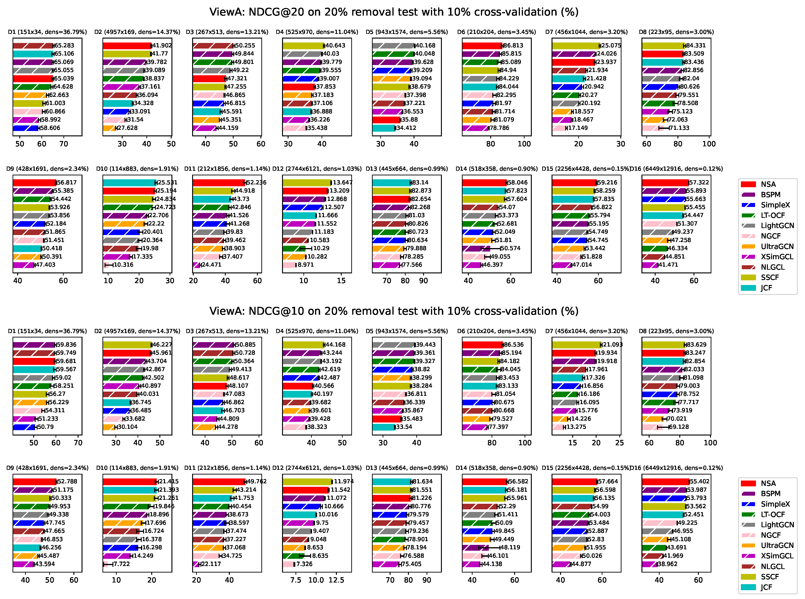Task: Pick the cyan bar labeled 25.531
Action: click(x=129, y=182)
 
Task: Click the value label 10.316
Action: click(x=124, y=265)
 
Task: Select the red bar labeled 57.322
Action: click(x=665, y=182)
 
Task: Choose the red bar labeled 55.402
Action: click(x=665, y=481)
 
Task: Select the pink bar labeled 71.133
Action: click(x=653, y=128)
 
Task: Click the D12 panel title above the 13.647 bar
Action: click(x=317, y=169)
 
